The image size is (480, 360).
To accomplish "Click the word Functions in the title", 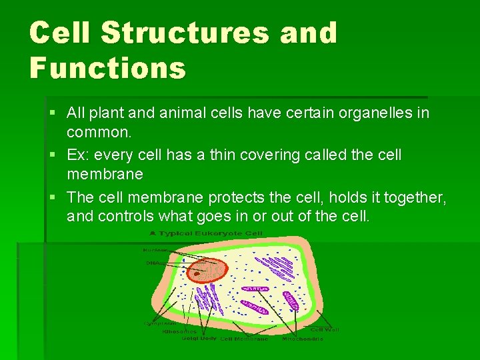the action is point(107,67).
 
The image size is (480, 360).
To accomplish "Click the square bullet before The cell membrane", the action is point(53,197).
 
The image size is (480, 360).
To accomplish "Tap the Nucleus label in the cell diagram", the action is point(154,251).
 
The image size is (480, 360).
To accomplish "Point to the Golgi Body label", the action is point(199,338).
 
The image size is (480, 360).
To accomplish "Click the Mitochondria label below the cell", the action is point(301,339).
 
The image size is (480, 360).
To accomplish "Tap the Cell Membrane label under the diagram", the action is point(244,339).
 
